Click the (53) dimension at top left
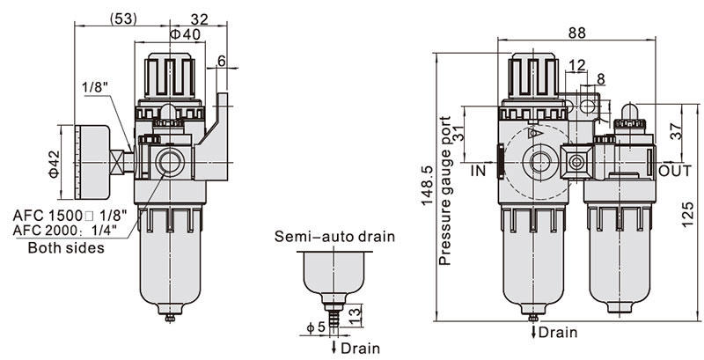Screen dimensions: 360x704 [x=123, y=17]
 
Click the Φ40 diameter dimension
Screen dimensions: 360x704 [x=186, y=34]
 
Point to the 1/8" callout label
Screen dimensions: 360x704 [x=96, y=88]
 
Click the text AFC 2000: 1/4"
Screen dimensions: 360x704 [x=71, y=231]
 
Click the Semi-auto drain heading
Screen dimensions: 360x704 [x=334, y=237]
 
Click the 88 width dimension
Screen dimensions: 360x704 [x=577, y=33]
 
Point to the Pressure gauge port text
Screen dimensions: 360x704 [x=445, y=189]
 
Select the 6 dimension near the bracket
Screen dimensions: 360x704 [x=220, y=61]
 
